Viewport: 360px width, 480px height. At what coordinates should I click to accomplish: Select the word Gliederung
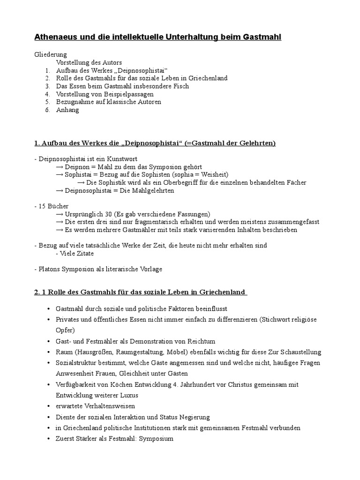click(x=51, y=54)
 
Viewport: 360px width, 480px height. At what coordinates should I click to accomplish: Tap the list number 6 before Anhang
click(x=47, y=110)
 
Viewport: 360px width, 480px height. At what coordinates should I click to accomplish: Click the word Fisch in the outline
click(x=181, y=86)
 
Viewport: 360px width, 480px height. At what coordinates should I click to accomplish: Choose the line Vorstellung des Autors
click(x=89, y=62)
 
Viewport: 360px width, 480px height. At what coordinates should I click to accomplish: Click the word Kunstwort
click(x=121, y=159)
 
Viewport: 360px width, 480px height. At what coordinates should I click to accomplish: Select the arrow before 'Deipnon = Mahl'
click(x=60, y=167)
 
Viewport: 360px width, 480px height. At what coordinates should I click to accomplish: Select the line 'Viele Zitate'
click(x=75, y=254)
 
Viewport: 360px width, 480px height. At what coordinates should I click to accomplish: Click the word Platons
click(x=51, y=269)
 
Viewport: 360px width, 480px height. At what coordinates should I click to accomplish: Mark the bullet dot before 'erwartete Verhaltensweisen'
click(x=49, y=406)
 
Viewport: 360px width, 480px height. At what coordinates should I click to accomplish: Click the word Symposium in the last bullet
click(x=157, y=439)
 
